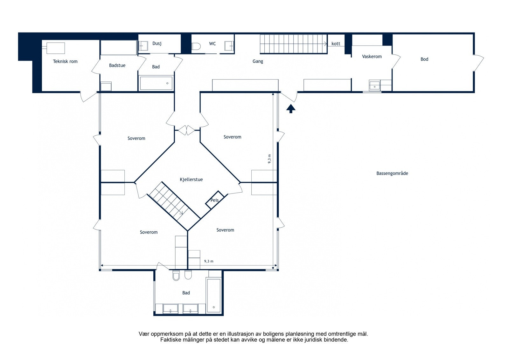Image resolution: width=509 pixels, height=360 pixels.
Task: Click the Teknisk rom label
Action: (65, 61)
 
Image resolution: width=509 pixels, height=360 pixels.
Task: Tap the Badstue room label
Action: (117, 66)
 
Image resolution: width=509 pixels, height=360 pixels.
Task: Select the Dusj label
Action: (157, 43)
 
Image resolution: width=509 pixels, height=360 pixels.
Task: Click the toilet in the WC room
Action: (196, 46)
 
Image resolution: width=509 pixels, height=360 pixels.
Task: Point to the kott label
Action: (336, 44)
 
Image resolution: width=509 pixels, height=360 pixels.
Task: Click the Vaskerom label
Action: (372, 56)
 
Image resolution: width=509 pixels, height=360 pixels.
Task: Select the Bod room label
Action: (424, 59)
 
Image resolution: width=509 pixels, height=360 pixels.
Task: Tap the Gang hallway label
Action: (258, 61)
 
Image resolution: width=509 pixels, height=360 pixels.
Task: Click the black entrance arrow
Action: (291, 109)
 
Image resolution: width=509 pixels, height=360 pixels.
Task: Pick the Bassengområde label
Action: (392, 173)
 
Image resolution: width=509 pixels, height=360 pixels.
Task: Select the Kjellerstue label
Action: (191, 180)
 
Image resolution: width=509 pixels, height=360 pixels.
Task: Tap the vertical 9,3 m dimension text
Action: (269, 159)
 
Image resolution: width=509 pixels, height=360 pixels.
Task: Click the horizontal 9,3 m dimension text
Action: (209, 261)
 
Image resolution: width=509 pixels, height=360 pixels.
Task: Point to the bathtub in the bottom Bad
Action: (213, 295)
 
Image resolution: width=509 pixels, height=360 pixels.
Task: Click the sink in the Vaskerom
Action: (374, 86)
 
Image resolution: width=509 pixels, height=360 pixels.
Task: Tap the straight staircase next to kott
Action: (293, 44)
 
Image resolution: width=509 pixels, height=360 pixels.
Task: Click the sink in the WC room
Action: (229, 46)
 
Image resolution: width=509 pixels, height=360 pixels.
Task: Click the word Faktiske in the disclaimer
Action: (169, 340)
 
